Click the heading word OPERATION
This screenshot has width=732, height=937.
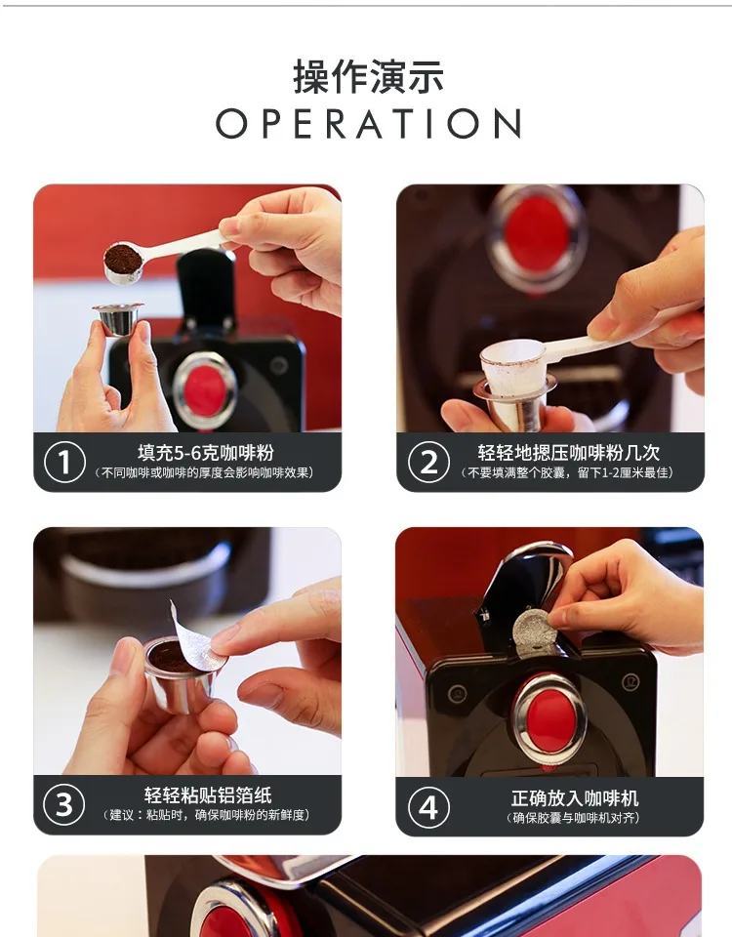[368, 124]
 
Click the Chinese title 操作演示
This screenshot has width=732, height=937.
[368, 77]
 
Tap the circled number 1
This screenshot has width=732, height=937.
[64, 462]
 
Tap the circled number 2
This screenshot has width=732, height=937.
[428, 462]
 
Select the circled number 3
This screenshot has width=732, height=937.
[64, 804]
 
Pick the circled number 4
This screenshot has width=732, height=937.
[428, 807]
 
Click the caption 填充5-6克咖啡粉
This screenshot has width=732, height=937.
[206, 452]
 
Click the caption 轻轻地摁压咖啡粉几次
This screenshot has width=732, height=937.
[568, 452]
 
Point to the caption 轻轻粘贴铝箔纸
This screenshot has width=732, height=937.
[208, 794]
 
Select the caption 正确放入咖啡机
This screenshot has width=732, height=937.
[574, 797]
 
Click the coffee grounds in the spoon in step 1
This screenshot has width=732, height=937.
[123, 258]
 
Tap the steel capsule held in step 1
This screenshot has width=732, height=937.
[118, 318]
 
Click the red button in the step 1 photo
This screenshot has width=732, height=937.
[205, 389]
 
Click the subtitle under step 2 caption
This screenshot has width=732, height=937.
[567, 472]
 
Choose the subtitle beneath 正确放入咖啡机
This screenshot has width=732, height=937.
[573, 818]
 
